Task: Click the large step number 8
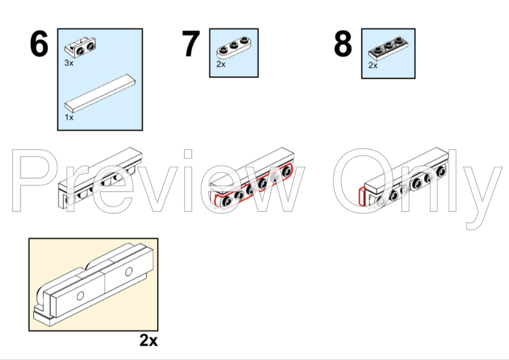tap(343, 43)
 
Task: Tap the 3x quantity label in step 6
tap(69, 63)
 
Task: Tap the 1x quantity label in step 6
tap(69, 117)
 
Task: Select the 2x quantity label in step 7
tap(221, 64)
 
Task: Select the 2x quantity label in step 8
tap(372, 65)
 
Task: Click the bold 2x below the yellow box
tap(149, 341)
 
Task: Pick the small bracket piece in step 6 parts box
tap(80, 47)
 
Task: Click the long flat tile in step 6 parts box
tap(100, 94)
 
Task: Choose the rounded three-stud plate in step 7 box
tap(234, 48)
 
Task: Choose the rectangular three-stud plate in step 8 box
tap(388, 49)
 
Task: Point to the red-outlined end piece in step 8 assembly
tap(362, 196)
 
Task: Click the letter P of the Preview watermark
tap(32, 181)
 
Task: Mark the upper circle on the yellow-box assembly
tap(129, 271)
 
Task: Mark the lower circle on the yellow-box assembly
tap(80, 296)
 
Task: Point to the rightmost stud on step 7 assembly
tap(287, 171)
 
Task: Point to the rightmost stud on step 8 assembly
tap(441, 171)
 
